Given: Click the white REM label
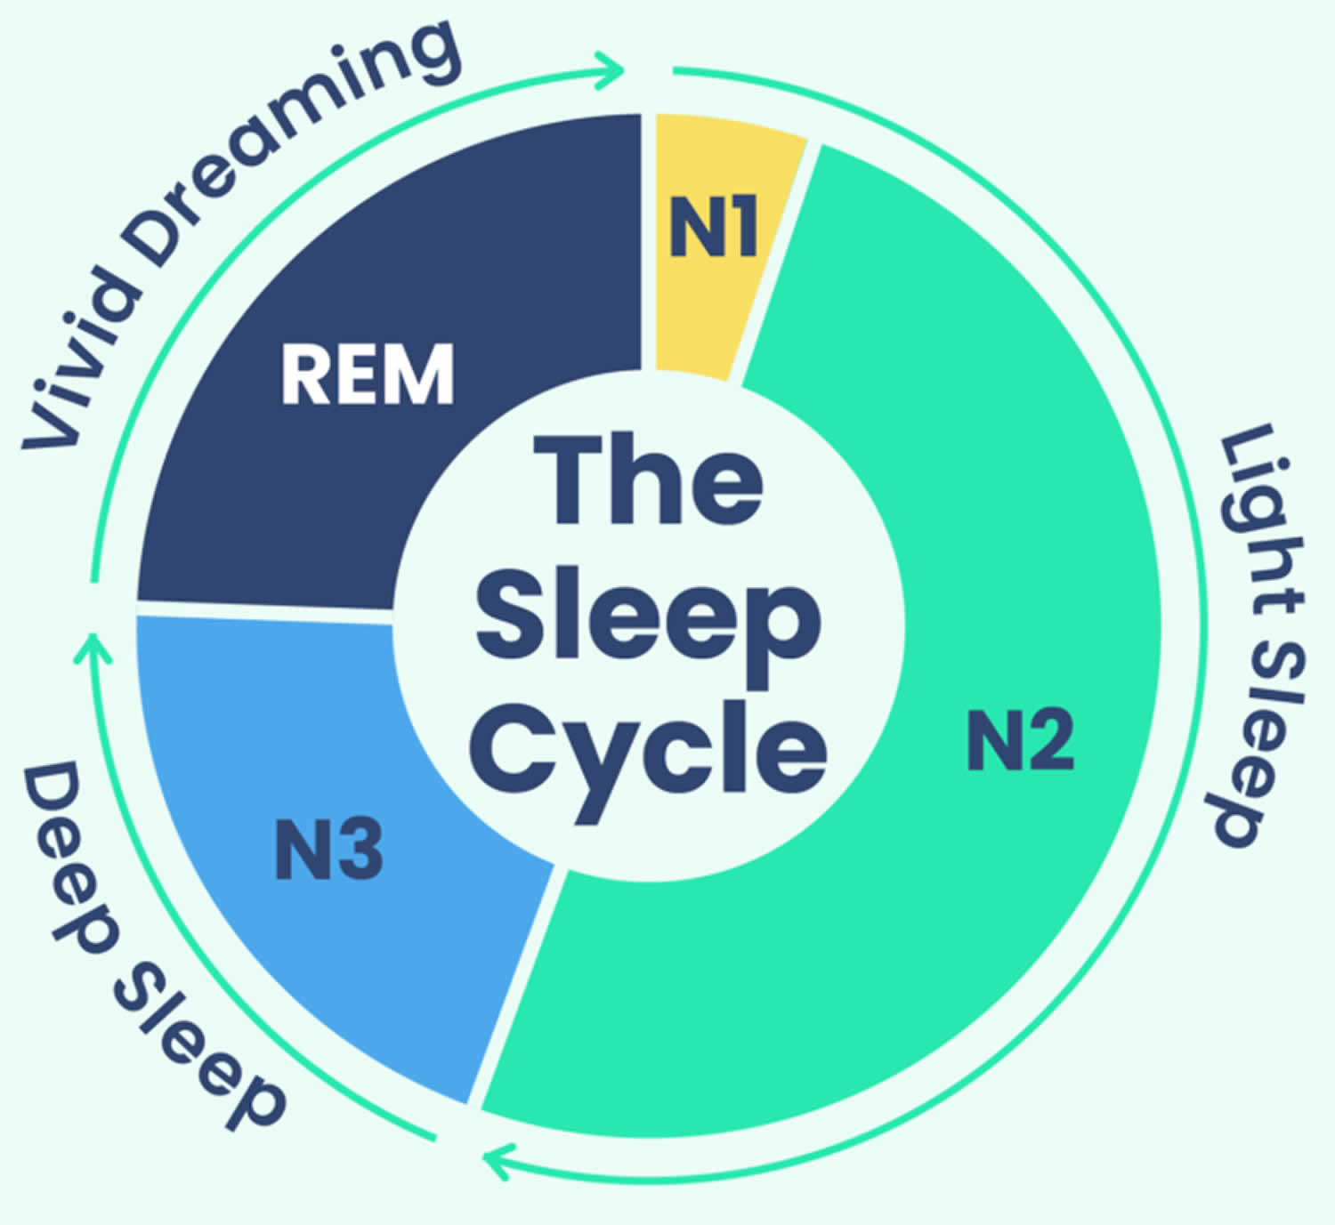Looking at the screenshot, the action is (368, 374).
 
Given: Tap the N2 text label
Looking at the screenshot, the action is (1020, 738).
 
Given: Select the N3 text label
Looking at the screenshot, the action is (328, 850).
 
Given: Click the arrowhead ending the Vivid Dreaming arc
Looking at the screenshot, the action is (611, 69).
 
